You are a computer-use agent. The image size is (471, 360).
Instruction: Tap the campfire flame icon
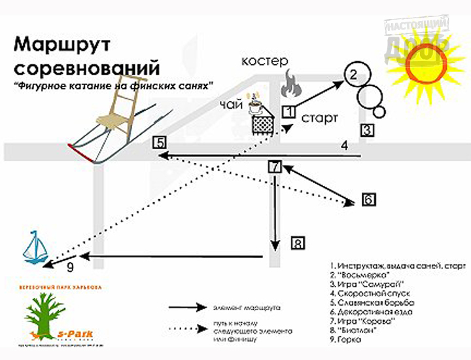(x=289, y=86)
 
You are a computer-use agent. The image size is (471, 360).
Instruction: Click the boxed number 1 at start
(x=288, y=111)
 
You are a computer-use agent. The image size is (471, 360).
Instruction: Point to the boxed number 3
(x=368, y=130)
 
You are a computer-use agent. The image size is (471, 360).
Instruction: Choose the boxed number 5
(x=159, y=142)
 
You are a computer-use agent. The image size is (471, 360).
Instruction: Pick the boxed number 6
(x=368, y=198)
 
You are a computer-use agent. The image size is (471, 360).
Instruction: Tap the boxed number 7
(x=275, y=166)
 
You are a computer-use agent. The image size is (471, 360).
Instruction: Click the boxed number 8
(x=298, y=245)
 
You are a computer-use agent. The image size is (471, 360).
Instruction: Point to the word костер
(x=265, y=62)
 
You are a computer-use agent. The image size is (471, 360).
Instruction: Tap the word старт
(x=320, y=118)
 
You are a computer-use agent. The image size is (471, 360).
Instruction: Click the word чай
(x=230, y=104)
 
